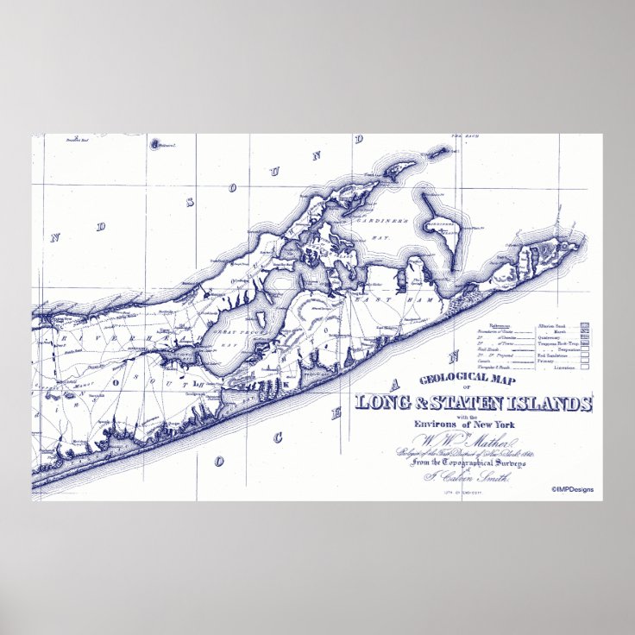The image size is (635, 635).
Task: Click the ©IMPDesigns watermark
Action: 572,489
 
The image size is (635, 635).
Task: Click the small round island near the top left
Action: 155,144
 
